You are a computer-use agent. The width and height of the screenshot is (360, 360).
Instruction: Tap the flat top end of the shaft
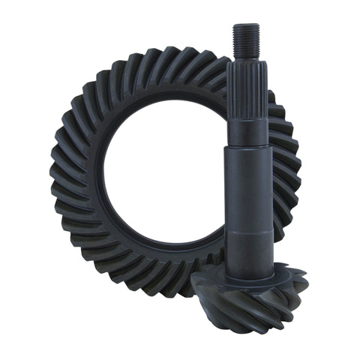tap(245, 25)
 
